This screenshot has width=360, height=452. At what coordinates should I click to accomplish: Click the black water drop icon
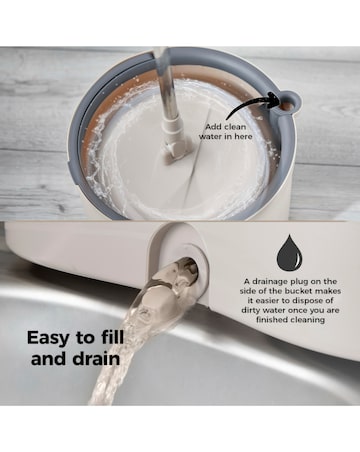click(290, 252)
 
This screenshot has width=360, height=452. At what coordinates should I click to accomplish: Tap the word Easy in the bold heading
click(50, 337)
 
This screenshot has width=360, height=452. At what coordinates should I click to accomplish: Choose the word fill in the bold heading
click(126, 337)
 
